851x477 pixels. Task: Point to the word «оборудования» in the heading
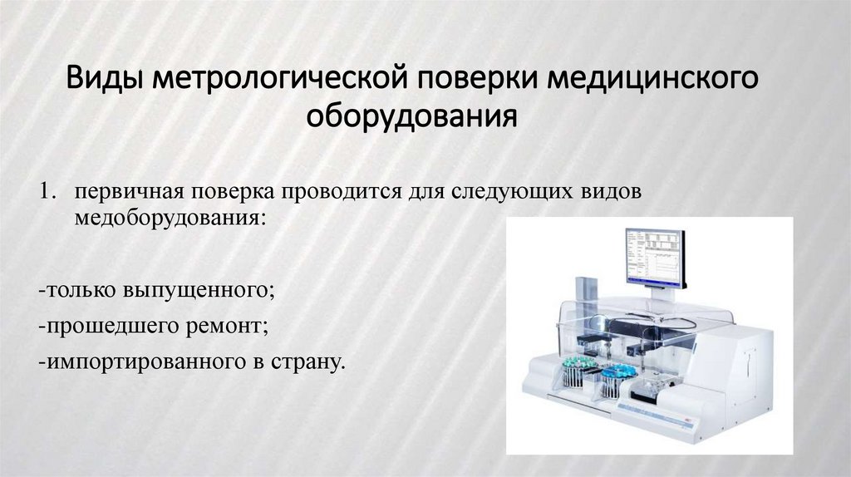412,117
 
